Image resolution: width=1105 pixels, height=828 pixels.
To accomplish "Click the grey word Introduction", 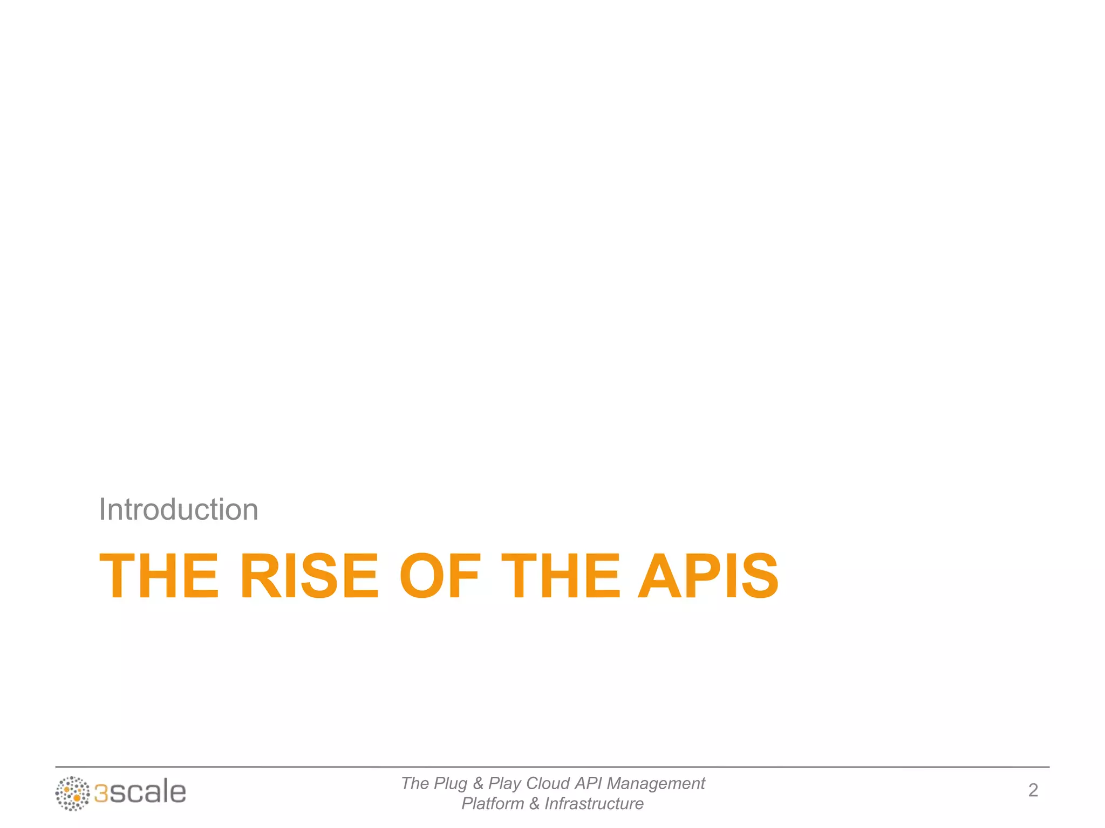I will pos(179,509).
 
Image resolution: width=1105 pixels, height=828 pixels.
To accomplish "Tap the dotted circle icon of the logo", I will pos(72,793).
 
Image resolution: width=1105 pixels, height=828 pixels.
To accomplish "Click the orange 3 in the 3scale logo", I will pos(101,793).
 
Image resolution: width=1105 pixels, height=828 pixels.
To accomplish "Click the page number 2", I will pos(1033,790).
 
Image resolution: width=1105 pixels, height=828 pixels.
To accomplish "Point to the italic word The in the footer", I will pos(415,783).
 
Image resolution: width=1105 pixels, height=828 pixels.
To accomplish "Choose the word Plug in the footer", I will pos(451,784).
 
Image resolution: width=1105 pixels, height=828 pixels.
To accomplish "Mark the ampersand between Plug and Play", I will pos(478,783).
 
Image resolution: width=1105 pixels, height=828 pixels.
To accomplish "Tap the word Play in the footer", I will pos(504,784).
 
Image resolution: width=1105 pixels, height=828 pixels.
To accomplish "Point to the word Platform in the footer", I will pos(493,804).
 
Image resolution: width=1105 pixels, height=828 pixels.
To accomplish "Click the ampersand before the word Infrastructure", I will pos(534,804).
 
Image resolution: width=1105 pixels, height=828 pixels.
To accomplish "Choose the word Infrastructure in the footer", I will pos(594,804).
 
